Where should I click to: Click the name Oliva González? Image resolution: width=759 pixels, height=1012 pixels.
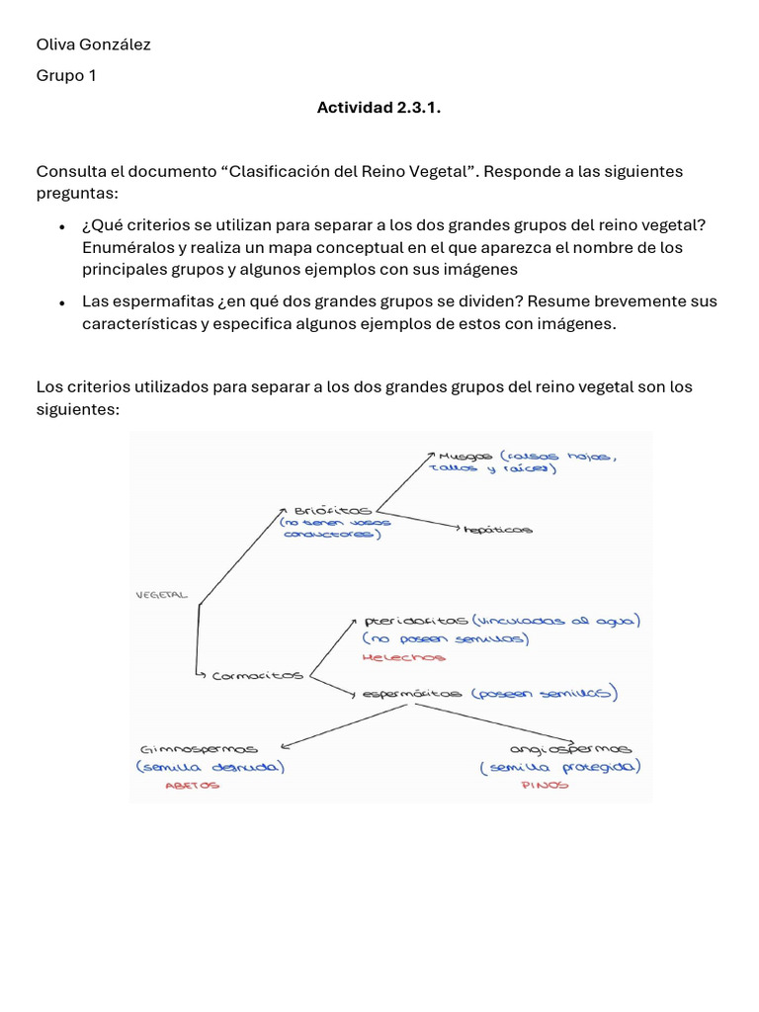(93, 44)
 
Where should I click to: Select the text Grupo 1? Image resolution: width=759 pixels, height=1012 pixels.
(66, 76)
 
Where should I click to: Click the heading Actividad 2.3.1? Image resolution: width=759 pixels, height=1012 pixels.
(379, 107)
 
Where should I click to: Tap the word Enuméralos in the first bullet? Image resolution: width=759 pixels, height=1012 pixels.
(124, 247)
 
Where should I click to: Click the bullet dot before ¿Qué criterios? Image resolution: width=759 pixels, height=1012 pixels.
(61, 227)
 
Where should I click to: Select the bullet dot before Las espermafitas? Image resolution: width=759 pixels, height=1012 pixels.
(61, 303)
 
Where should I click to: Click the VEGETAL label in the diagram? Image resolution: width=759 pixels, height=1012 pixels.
(161, 595)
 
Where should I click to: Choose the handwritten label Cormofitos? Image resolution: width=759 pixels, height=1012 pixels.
(258, 675)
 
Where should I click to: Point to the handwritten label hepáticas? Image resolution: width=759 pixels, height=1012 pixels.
(499, 530)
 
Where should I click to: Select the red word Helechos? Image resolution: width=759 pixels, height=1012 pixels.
(404, 656)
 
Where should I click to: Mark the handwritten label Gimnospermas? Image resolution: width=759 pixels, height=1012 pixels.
(200, 749)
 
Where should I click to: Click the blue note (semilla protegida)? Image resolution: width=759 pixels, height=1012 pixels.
(559, 767)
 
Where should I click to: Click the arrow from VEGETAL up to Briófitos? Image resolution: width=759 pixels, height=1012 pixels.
(241, 554)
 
